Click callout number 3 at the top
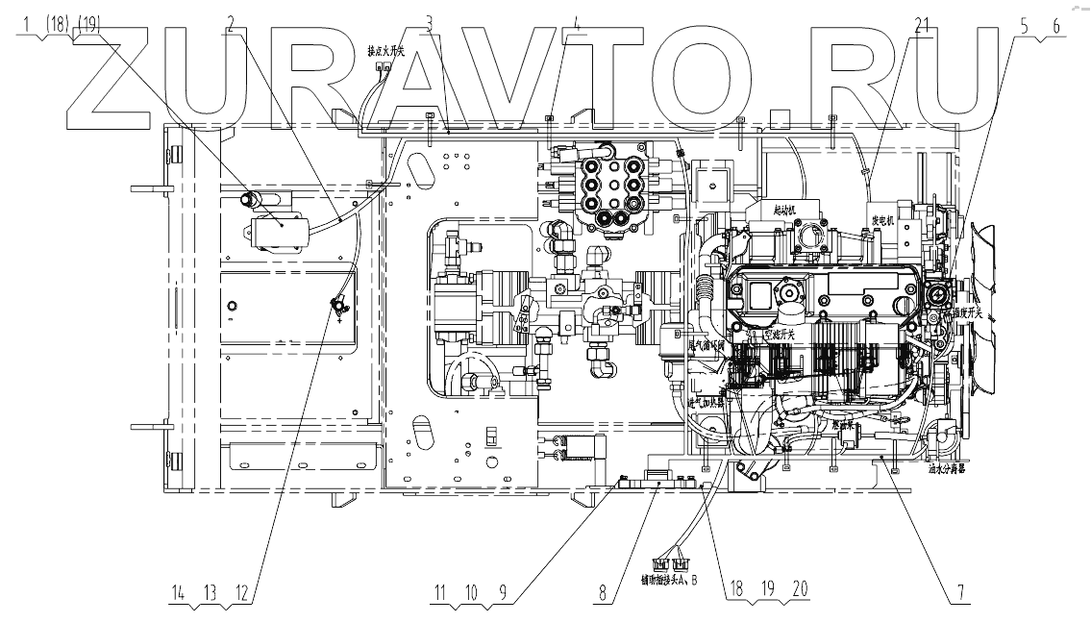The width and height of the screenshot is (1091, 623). point(429,25)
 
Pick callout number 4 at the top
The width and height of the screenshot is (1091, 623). point(576,25)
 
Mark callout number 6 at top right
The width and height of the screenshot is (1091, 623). point(1057,27)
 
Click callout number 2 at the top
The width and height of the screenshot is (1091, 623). point(231,25)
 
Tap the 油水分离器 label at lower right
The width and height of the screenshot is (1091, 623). point(947,472)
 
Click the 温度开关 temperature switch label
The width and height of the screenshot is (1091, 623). point(962,311)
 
